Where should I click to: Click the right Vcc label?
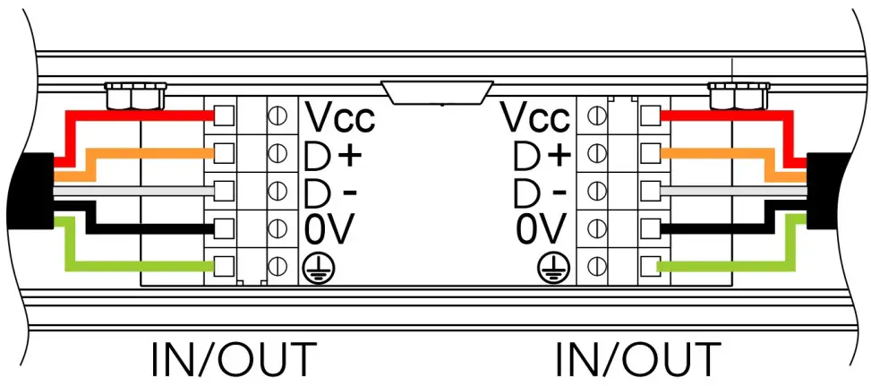coord(535,116)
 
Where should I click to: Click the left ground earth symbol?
coord(313,266)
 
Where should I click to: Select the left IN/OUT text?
coord(234,358)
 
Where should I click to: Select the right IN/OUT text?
coord(637,358)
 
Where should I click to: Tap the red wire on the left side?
coord(143,116)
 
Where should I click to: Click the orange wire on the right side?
coord(716,154)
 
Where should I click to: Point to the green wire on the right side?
coord(725,266)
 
